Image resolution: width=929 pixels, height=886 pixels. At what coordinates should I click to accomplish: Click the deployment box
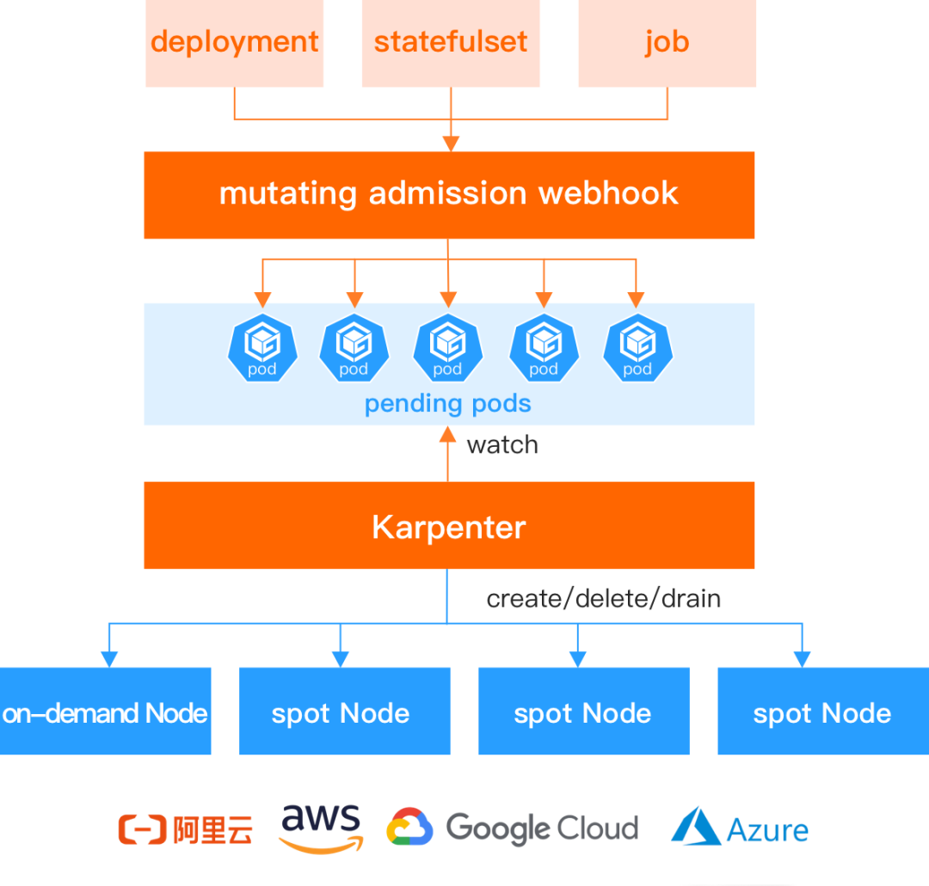[x=235, y=43]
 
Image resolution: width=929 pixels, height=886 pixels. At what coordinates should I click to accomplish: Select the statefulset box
[x=451, y=43]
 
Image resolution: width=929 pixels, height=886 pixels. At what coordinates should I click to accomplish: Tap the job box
[x=668, y=43]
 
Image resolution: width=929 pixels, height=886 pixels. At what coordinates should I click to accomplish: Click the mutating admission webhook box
[x=449, y=195]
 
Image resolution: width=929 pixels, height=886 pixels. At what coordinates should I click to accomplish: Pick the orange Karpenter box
[x=449, y=526]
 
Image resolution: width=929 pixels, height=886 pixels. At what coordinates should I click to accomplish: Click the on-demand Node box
[x=106, y=711]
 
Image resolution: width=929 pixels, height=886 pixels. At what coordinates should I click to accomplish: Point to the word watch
[x=502, y=445]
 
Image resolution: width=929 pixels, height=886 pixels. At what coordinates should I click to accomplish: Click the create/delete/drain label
[x=604, y=599]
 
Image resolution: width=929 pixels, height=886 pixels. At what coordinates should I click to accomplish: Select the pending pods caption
[x=448, y=404]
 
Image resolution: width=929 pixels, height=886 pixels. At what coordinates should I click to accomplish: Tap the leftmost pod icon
[x=262, y=348]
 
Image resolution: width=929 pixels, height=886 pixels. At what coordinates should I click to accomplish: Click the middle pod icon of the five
[x=448, y=348]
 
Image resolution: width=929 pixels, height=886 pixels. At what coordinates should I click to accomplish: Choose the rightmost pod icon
[x=637, y=348]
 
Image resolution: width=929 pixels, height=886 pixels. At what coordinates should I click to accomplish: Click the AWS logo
[x=321, y=828]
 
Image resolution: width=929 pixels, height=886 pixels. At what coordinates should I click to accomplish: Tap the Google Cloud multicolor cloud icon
[x=409, y=827]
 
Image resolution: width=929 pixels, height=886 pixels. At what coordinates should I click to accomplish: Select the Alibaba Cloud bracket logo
[x=142, y=829]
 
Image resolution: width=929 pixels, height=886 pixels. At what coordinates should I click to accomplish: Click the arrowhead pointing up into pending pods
[x=448, y=435]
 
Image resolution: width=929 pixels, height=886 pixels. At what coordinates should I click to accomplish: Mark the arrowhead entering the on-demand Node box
[x=109, y=659]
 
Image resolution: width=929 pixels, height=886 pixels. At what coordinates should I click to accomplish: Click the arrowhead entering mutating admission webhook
[x=451, y=144]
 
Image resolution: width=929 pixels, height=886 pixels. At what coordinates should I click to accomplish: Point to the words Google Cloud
[x=542, y=829]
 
